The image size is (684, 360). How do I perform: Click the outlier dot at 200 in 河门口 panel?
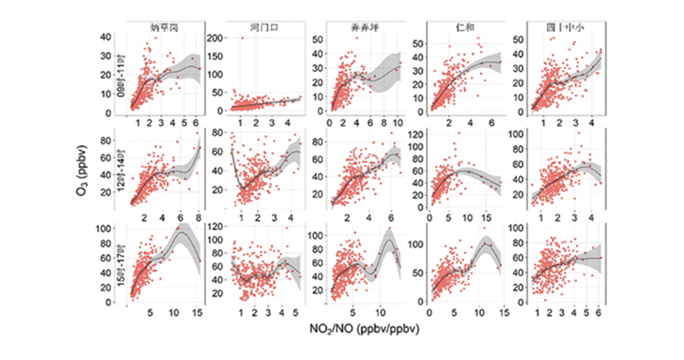click(242, 38)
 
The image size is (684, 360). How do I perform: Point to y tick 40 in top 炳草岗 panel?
click(121, 36)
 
